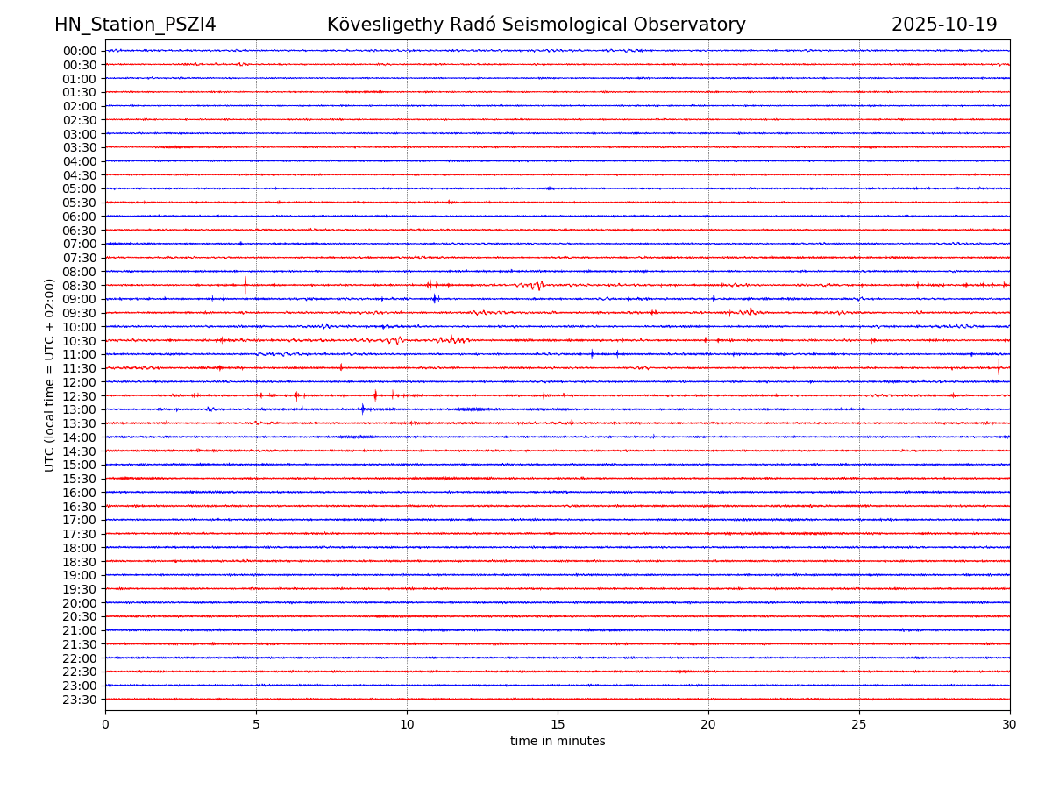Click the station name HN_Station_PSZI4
pyautogui.click(x=135, y=25)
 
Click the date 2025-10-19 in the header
pyautogui.click(x=944, y=25)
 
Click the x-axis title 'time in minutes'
pyautogui.click(x=558, y=742)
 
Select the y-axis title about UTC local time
pyautogui.click(x=50, y=374)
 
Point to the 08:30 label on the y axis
pyautogui.click(x=80, y=286)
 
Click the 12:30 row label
pyautogui.click(x=80, y=396)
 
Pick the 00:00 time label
pyautogui.click(x=80, y=51)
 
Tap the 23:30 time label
pyautogui.click(x=80, y=700)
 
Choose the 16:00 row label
pyautogui.click(x=80, y=493)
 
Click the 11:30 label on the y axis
pyautogui.click(x=80, y=368)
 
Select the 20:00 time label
pyautogui.click(x=80, y=603)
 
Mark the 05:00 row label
pyautogui.click(x=80, y=188)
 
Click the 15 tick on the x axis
pyautogui.click(x=558, y=725)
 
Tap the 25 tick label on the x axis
pyautogui.click(x=859, y=725)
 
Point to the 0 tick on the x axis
pyautogui.click(x=105, y=725)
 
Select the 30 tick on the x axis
pyautogui.click(x=1010, y=725)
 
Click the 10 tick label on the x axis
pyautogui.click(x=407, y=725)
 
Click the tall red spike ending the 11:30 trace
pyautogui.click(x=998, y=367)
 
